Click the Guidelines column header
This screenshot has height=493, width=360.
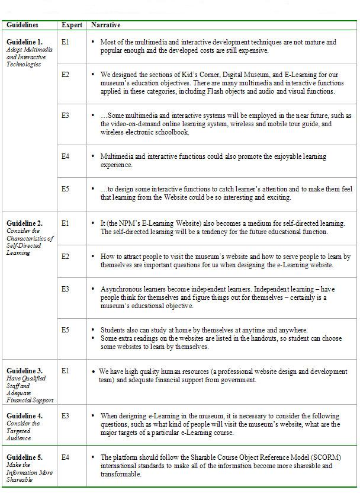click(22, 25)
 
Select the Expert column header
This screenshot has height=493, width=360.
click(71, 25)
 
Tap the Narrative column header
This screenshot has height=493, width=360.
click(105, 25)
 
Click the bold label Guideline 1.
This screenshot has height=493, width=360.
click(24, 42)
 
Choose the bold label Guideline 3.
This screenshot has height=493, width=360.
click(24, 371)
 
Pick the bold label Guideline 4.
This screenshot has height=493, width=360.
click(24, 416)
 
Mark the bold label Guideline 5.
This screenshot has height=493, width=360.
click(24, 457)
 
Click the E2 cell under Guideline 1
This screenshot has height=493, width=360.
click(65, 74)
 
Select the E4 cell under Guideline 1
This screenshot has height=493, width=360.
click(65, 156)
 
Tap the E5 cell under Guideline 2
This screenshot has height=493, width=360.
click(65, 329)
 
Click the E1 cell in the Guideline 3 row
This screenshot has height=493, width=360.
click(65, 371)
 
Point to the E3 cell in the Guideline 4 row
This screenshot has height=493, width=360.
click(65, 416)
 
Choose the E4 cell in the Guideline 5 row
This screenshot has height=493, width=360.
click(65, 457)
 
